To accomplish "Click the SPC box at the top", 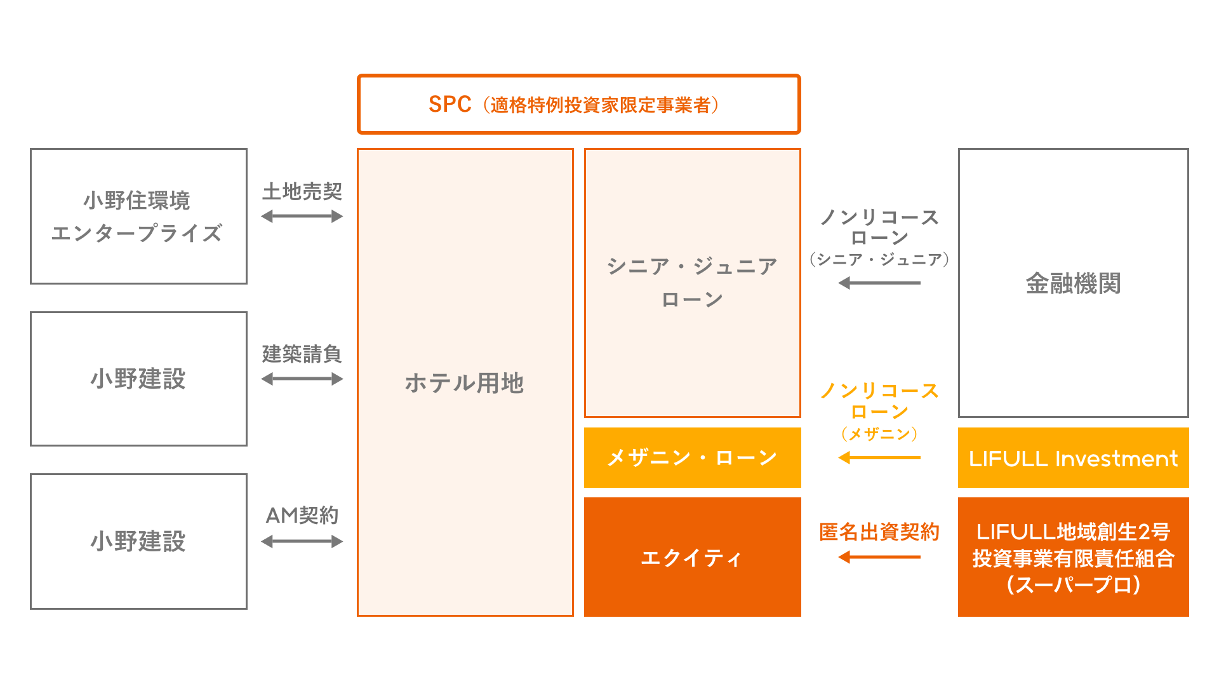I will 578,104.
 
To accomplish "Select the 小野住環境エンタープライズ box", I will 138,216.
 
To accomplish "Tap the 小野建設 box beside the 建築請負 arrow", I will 138,379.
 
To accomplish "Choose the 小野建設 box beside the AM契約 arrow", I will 138,541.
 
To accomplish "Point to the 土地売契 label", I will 302,191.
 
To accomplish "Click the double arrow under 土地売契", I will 302,217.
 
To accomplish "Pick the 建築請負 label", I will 302,354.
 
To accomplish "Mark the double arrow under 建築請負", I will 302,379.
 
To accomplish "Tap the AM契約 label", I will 302,515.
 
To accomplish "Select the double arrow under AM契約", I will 302,542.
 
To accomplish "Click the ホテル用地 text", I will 465,383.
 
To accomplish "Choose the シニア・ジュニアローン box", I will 692,283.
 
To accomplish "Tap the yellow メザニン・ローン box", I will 692,457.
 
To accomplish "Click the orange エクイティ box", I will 692,557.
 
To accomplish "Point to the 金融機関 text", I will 1073,283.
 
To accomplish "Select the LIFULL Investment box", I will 1073,458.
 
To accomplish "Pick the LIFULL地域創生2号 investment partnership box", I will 1073,557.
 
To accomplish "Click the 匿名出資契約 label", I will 879,532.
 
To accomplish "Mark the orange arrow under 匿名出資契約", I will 879,557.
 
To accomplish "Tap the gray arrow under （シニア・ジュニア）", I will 879,283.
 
